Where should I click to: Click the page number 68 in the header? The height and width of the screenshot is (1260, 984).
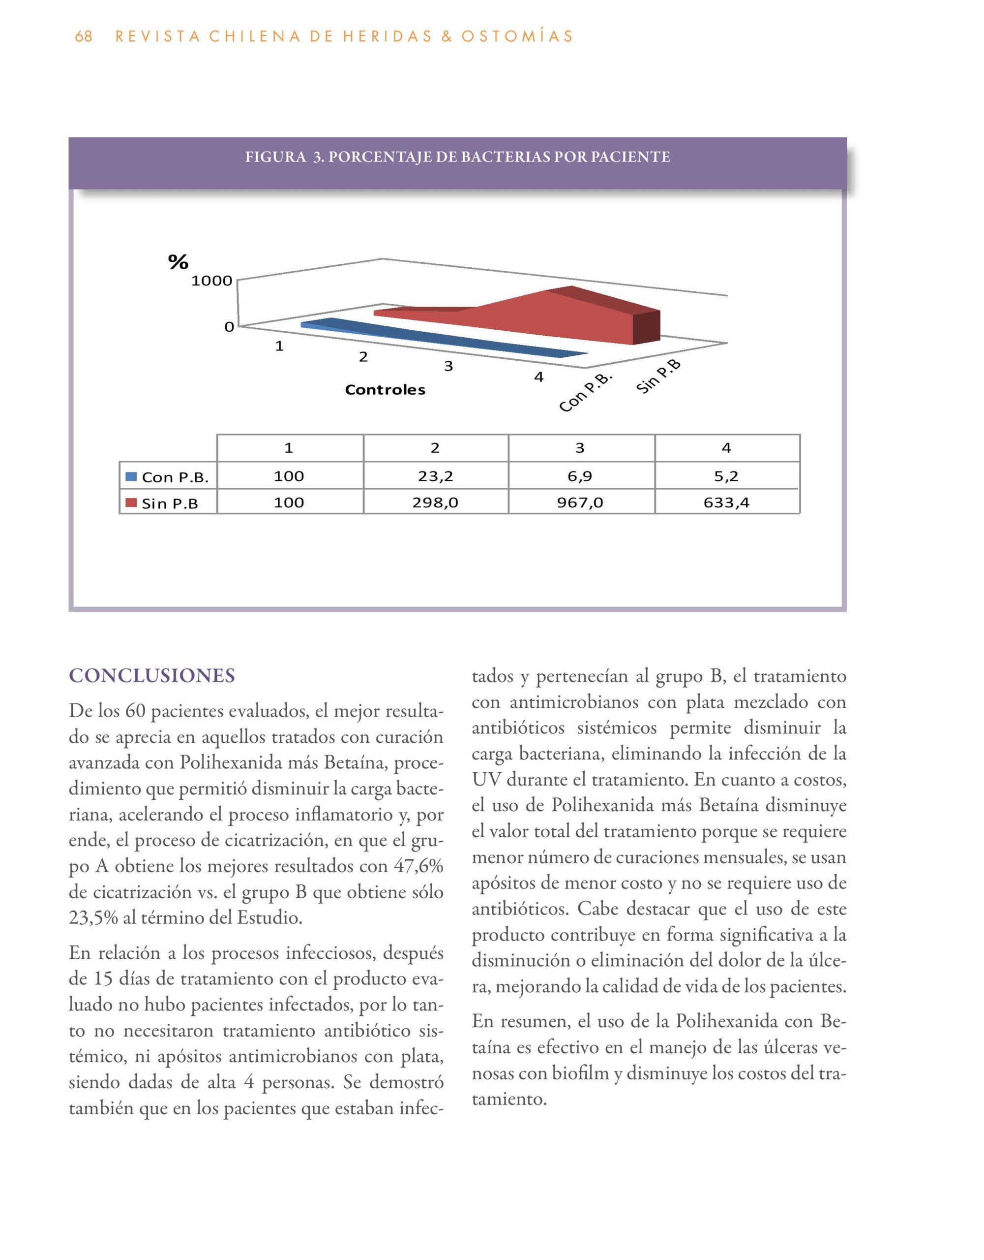(x=84, y=36)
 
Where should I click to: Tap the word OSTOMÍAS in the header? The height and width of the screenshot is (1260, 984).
(x=516, y=36)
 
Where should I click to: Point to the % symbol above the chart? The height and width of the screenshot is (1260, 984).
(x=178, y=262)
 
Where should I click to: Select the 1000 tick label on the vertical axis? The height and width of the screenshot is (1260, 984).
(x=211, y=281)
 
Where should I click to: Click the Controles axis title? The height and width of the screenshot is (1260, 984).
(x=385, y=390)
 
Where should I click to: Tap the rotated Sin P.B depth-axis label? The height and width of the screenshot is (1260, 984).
(x=659, y=376)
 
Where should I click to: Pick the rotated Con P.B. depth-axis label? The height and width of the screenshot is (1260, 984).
(x=585, y=393)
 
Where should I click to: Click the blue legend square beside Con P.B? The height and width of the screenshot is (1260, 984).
(x=131, y=476)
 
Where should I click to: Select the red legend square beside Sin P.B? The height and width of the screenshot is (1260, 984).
(x=131, y=503)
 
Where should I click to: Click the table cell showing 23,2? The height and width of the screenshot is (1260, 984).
(x=435, y=476)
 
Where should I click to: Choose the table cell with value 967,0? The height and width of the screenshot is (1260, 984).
(x=580, y=503)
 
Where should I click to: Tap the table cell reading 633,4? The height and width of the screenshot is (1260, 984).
(x=726, y=503)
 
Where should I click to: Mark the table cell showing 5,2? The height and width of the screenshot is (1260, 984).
(x=726, y=476)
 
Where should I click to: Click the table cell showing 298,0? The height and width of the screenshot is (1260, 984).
(x=435, y=503)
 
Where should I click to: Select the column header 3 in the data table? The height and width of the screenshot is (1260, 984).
(x=580, y=448)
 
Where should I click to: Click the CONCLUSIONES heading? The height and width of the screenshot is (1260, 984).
(x=151, y=676)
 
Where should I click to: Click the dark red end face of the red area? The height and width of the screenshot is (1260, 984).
(x=646, y=328)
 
